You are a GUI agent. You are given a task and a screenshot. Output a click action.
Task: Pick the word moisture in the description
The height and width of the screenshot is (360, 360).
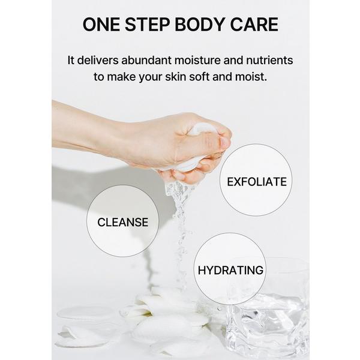pyautogui.click(x=206, y=61)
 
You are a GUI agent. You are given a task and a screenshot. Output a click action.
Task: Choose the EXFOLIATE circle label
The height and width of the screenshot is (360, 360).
pyautogui.click(x=256, y=181)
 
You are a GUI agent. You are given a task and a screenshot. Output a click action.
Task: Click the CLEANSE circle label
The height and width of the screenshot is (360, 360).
pyautogui.click(x=122, y=222)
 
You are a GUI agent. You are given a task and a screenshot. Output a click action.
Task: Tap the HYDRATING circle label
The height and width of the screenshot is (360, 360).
pyautogui.click(x=230, y=270)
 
